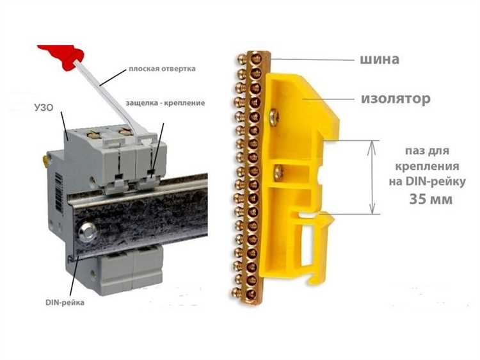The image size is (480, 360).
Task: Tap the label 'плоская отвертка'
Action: coord(162,69)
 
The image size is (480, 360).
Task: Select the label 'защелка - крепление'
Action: coord(165,103)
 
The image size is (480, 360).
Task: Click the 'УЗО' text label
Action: coord(44,108)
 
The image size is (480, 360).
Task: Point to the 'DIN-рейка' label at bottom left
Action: coord(65,303)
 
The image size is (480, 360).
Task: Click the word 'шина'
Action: coord(380,59)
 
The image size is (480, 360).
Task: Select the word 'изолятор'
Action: coord(396,99)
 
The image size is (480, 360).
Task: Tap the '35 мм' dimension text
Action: coord(431,199)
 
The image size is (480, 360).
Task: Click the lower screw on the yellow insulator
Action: coord(278,172)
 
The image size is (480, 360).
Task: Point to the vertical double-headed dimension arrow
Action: coord(372,177)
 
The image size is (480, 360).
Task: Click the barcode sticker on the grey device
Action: coord(59,192)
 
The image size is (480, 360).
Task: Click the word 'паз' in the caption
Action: coord(415,151)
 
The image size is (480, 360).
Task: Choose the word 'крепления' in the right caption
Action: coord(427,167)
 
